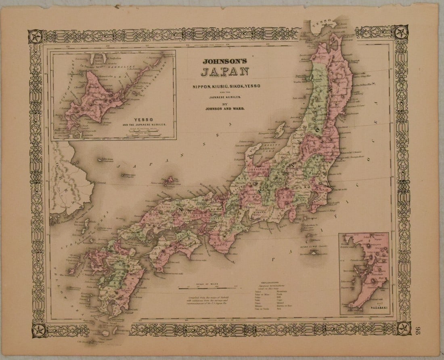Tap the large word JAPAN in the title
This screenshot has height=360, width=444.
point(225,73)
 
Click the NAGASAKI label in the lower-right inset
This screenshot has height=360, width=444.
point(373,310)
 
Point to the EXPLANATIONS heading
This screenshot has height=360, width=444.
point(272,279)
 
